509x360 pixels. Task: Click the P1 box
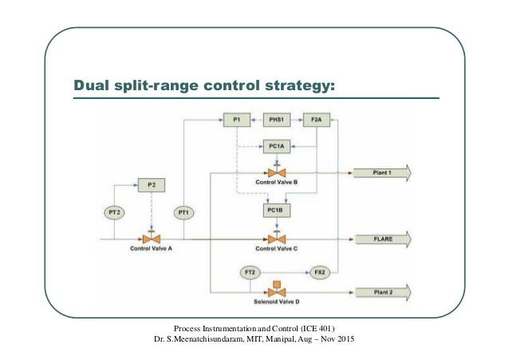pos(236,120)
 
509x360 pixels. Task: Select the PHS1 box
pos(276,120)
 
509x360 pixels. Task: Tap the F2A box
pos(316,120)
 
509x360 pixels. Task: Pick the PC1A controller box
pos(276,146)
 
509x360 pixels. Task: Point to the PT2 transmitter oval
pos(113,212)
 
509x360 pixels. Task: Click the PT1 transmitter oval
pos(184,212)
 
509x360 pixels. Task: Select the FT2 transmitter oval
pos(250,272)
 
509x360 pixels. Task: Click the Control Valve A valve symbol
pos(150,238)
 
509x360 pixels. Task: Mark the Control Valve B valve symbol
pos(277,172)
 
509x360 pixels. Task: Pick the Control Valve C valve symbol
pos(277,238)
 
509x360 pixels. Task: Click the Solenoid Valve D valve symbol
pos(276,291)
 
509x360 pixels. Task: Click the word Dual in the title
pos(91,85)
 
